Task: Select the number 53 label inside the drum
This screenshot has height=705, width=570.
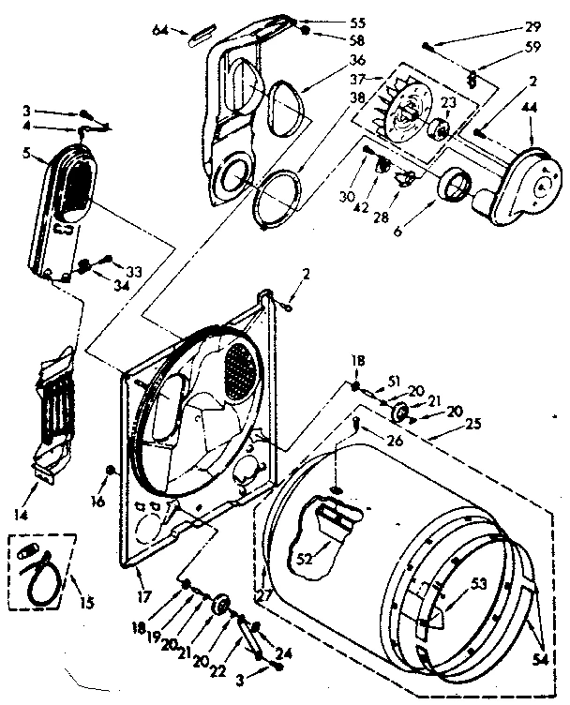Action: (x=479, y=584)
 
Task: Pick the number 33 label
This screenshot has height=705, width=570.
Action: (x=134, y=272)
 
